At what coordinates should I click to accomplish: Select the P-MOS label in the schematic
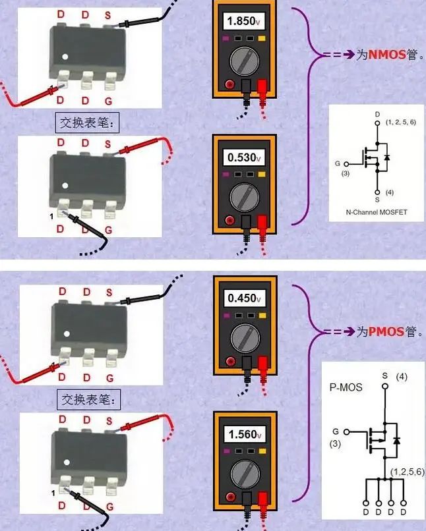[346, 387]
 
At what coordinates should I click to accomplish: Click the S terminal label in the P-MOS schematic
[385, 376]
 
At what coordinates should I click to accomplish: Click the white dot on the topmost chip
[65, 55]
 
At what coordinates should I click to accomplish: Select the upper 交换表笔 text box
[88, 123]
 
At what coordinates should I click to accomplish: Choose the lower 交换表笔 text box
[88, 399]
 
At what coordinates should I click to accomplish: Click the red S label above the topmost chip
[109, 14]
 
